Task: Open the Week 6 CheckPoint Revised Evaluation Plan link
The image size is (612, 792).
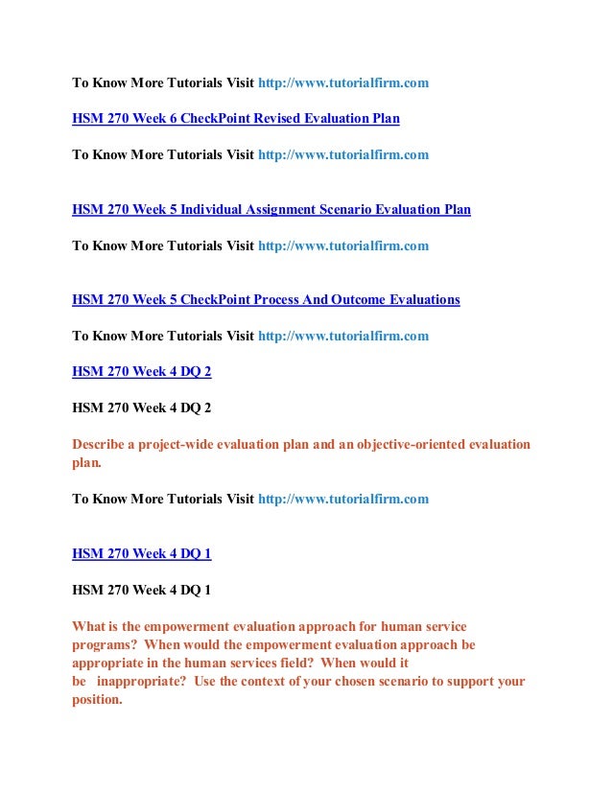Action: pyautogui.click(x=236, y=119)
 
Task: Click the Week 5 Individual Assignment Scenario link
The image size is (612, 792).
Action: pyautogui.click(x=271, y=209)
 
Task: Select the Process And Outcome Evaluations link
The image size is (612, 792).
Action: pyautogui.click(x=266, y=300)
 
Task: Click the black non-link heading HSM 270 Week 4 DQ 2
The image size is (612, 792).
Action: pyautogui.click(x=141, y=408)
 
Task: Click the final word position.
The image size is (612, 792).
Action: pyautogui.click(x=97, y=700)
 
